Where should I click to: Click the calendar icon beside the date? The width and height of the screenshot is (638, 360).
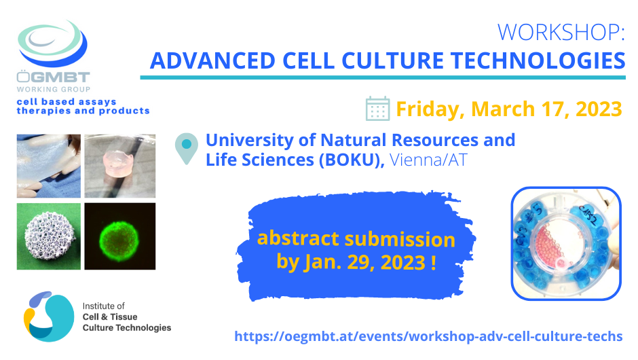click(377, 109)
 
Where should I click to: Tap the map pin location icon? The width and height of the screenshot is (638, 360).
click(185, 149)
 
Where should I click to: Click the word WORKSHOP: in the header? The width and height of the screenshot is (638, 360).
click(560, 32)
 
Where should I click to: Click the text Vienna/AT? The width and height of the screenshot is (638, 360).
click(427, 160)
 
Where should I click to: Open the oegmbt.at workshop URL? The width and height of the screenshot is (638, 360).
click(428, 336)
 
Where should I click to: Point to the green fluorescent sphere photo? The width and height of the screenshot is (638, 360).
click(120, 236)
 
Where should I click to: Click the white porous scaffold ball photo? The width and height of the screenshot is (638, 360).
click(48, 236)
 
